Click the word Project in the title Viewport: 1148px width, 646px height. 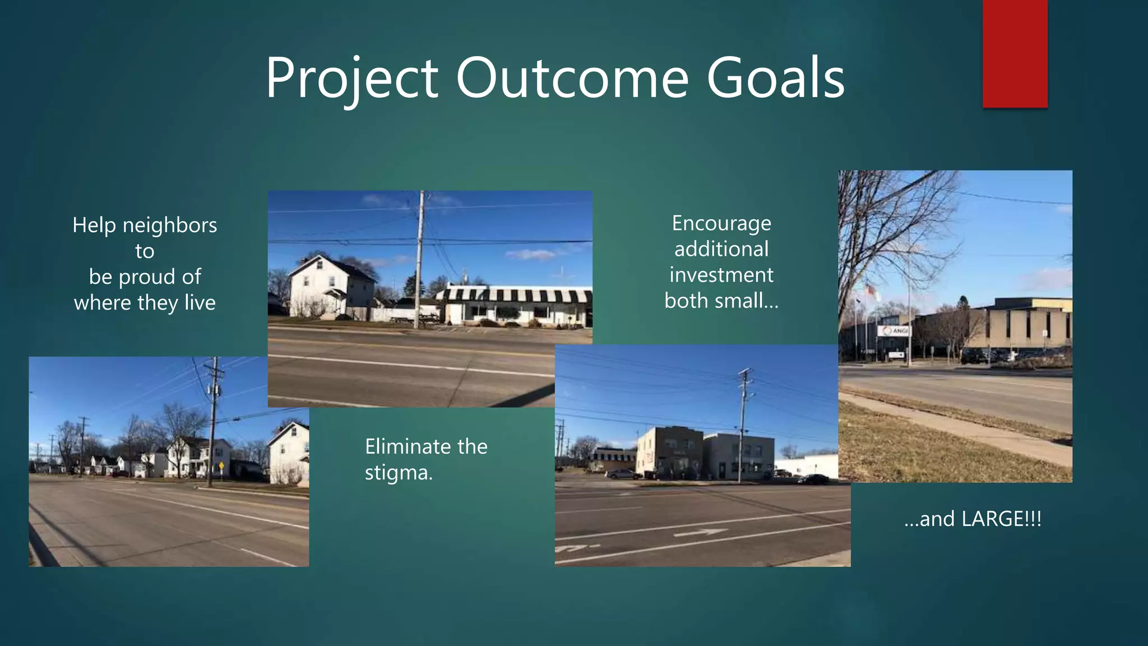click(x=351, y=79)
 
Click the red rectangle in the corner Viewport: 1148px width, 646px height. click(x=1015, y=54)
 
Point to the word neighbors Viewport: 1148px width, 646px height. click(x=170, y=225)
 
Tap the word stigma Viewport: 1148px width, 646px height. click(x=399, y=473)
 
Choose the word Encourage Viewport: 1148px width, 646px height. click(x=721, y=224)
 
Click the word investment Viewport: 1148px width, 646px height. click(x=721, y=275)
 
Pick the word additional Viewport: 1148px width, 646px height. click(x=721, y=250)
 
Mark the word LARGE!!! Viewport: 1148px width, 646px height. click(x=1001, y=519)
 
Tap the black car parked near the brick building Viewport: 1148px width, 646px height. click(x=816, y=479)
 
